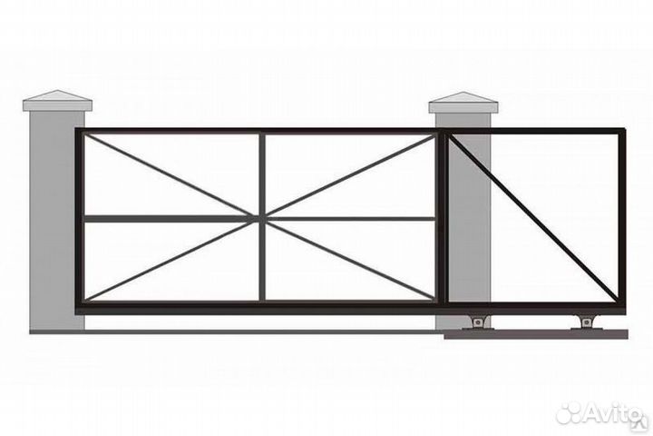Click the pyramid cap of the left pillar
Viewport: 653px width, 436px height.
point(57,100)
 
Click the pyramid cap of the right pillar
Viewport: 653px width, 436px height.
point(463,101)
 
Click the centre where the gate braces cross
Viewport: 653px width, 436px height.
point(262,218)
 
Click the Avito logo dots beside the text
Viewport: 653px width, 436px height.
point(568,413)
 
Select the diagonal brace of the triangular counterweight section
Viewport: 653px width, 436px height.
point(535,218)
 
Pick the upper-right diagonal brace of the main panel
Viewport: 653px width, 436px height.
point(352,175)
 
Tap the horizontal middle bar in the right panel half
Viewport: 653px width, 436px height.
point(352,218)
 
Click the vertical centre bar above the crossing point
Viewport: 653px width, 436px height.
point(262,173)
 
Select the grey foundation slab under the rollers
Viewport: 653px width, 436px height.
point(535,334)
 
